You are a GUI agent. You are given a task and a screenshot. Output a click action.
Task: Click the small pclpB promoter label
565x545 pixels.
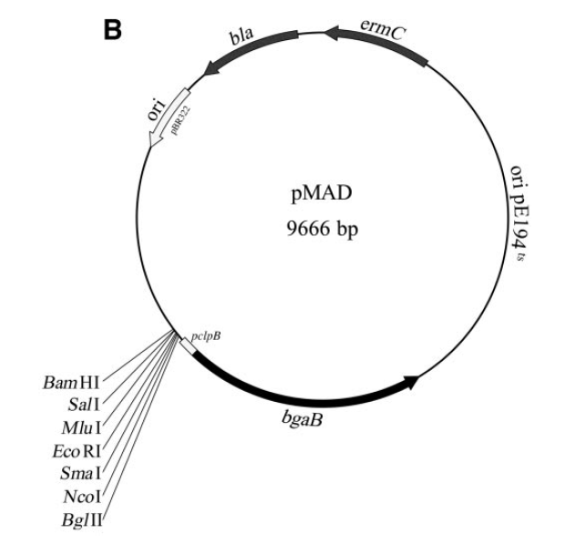[x=207, y=334]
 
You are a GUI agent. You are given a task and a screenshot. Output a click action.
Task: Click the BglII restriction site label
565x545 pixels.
[x=83, y=520]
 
